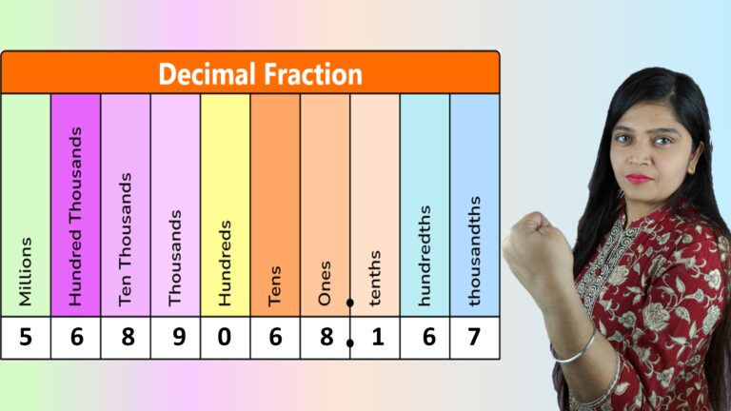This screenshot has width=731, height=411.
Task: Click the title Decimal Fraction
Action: click(260, 73)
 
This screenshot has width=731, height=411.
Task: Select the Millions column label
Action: click(26, 271)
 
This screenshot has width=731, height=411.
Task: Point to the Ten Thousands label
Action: click(126, 239)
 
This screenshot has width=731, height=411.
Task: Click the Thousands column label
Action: click(175, 258)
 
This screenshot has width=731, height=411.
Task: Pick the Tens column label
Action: click(275, 284)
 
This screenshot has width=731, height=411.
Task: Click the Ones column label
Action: click(325, 283)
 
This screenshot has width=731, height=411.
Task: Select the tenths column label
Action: click(375, 278)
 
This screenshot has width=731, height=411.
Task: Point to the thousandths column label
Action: click(475, 250)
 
